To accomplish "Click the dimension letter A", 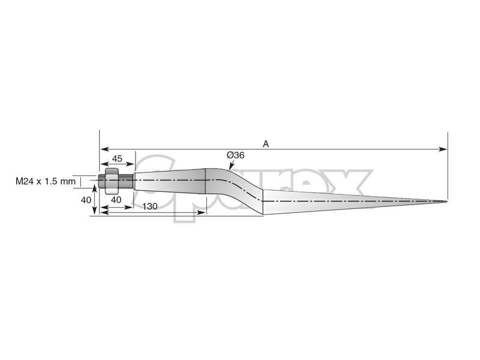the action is [266, 143].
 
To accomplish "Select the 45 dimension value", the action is [117, 158].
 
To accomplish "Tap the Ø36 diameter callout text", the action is [235, 155].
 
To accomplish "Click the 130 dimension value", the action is [150, 206].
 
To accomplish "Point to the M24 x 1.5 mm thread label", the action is [46, 181].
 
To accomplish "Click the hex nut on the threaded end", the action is [112, 181].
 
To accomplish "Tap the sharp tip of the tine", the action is [446, 201].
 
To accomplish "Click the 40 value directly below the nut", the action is [116, 200].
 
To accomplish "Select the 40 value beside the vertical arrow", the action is [86, 200].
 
